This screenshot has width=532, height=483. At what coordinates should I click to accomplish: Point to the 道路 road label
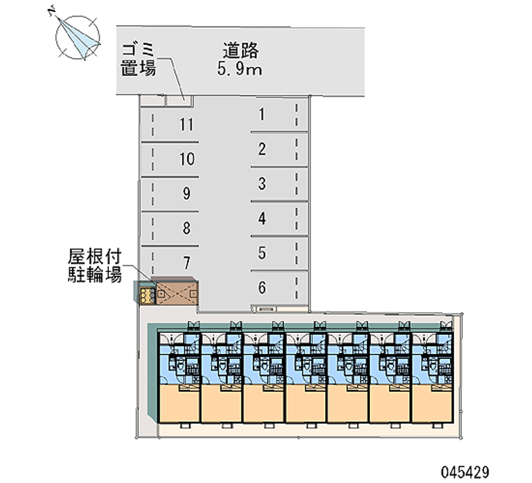pos(240,49)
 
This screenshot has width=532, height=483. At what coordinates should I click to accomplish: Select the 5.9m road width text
pos(240,67)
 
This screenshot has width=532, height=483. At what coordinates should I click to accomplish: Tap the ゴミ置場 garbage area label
pos(138,58)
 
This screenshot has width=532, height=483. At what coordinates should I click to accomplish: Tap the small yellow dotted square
pos(146,293)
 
